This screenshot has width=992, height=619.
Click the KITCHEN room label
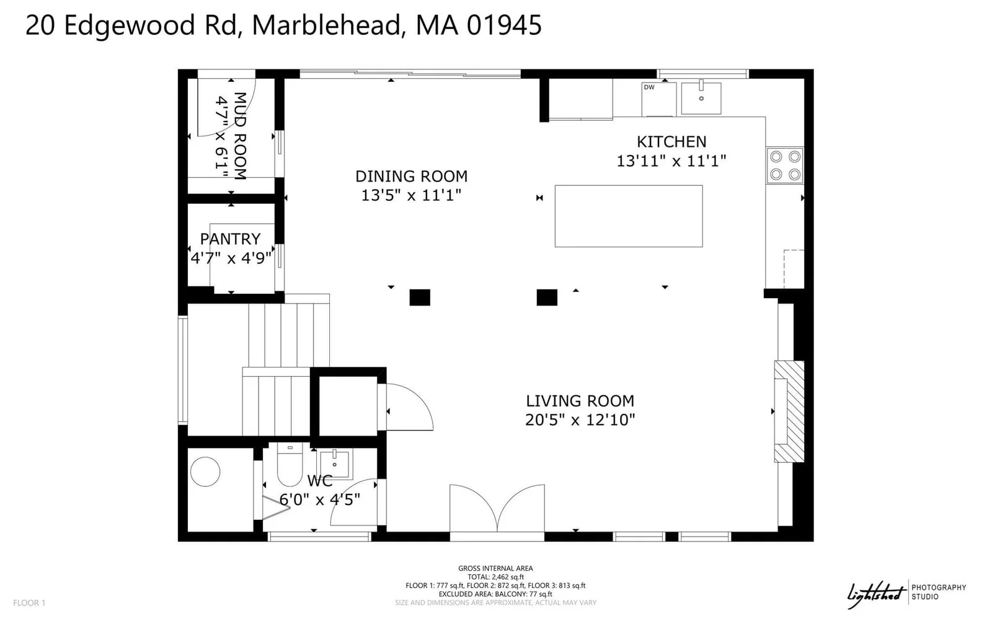pyautogui.click(x=671, y=142)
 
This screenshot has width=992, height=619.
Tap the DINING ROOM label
pyautogui.click(x=412, y=177)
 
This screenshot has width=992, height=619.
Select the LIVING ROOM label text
pyautogui.click(x=580, y=402)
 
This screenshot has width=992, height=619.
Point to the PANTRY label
pyautogui.click(x=230, y=239)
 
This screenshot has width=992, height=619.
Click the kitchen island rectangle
pyautogui.click(x=629, y=216)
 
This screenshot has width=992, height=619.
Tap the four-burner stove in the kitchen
pyautogui.click(x=785, y=165)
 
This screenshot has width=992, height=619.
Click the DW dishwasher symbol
pyautogui.click(x=659, y=99)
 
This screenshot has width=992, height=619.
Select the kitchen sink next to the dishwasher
pyautogui.click(x=701, y=98)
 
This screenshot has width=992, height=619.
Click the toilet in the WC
pyautogui.click(x=290, y=465)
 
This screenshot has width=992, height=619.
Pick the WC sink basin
pyautogui.click(x=335, y=464)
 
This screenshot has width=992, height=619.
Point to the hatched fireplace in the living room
pyautogui.click(x=789, y=411)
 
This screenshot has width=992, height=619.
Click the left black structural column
pyautogui.click(x=420, y=297)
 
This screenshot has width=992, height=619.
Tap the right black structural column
pyautogui.click(x=547, y=297)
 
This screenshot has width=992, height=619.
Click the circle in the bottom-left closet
pyautogui.click(x=205, y=472)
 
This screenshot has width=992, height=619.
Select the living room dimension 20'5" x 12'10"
pyautogui.click(x=580, y=420)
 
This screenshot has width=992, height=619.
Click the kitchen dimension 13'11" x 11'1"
pyautogui.click(x=671, y=161)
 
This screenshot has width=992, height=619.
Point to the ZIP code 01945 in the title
pyautogui.click(x=504, y=25)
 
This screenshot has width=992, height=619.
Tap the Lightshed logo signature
pyautogui.click(x=876, y=594)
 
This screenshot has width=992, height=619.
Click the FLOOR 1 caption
pyautogui.click(x=29, y=603)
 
